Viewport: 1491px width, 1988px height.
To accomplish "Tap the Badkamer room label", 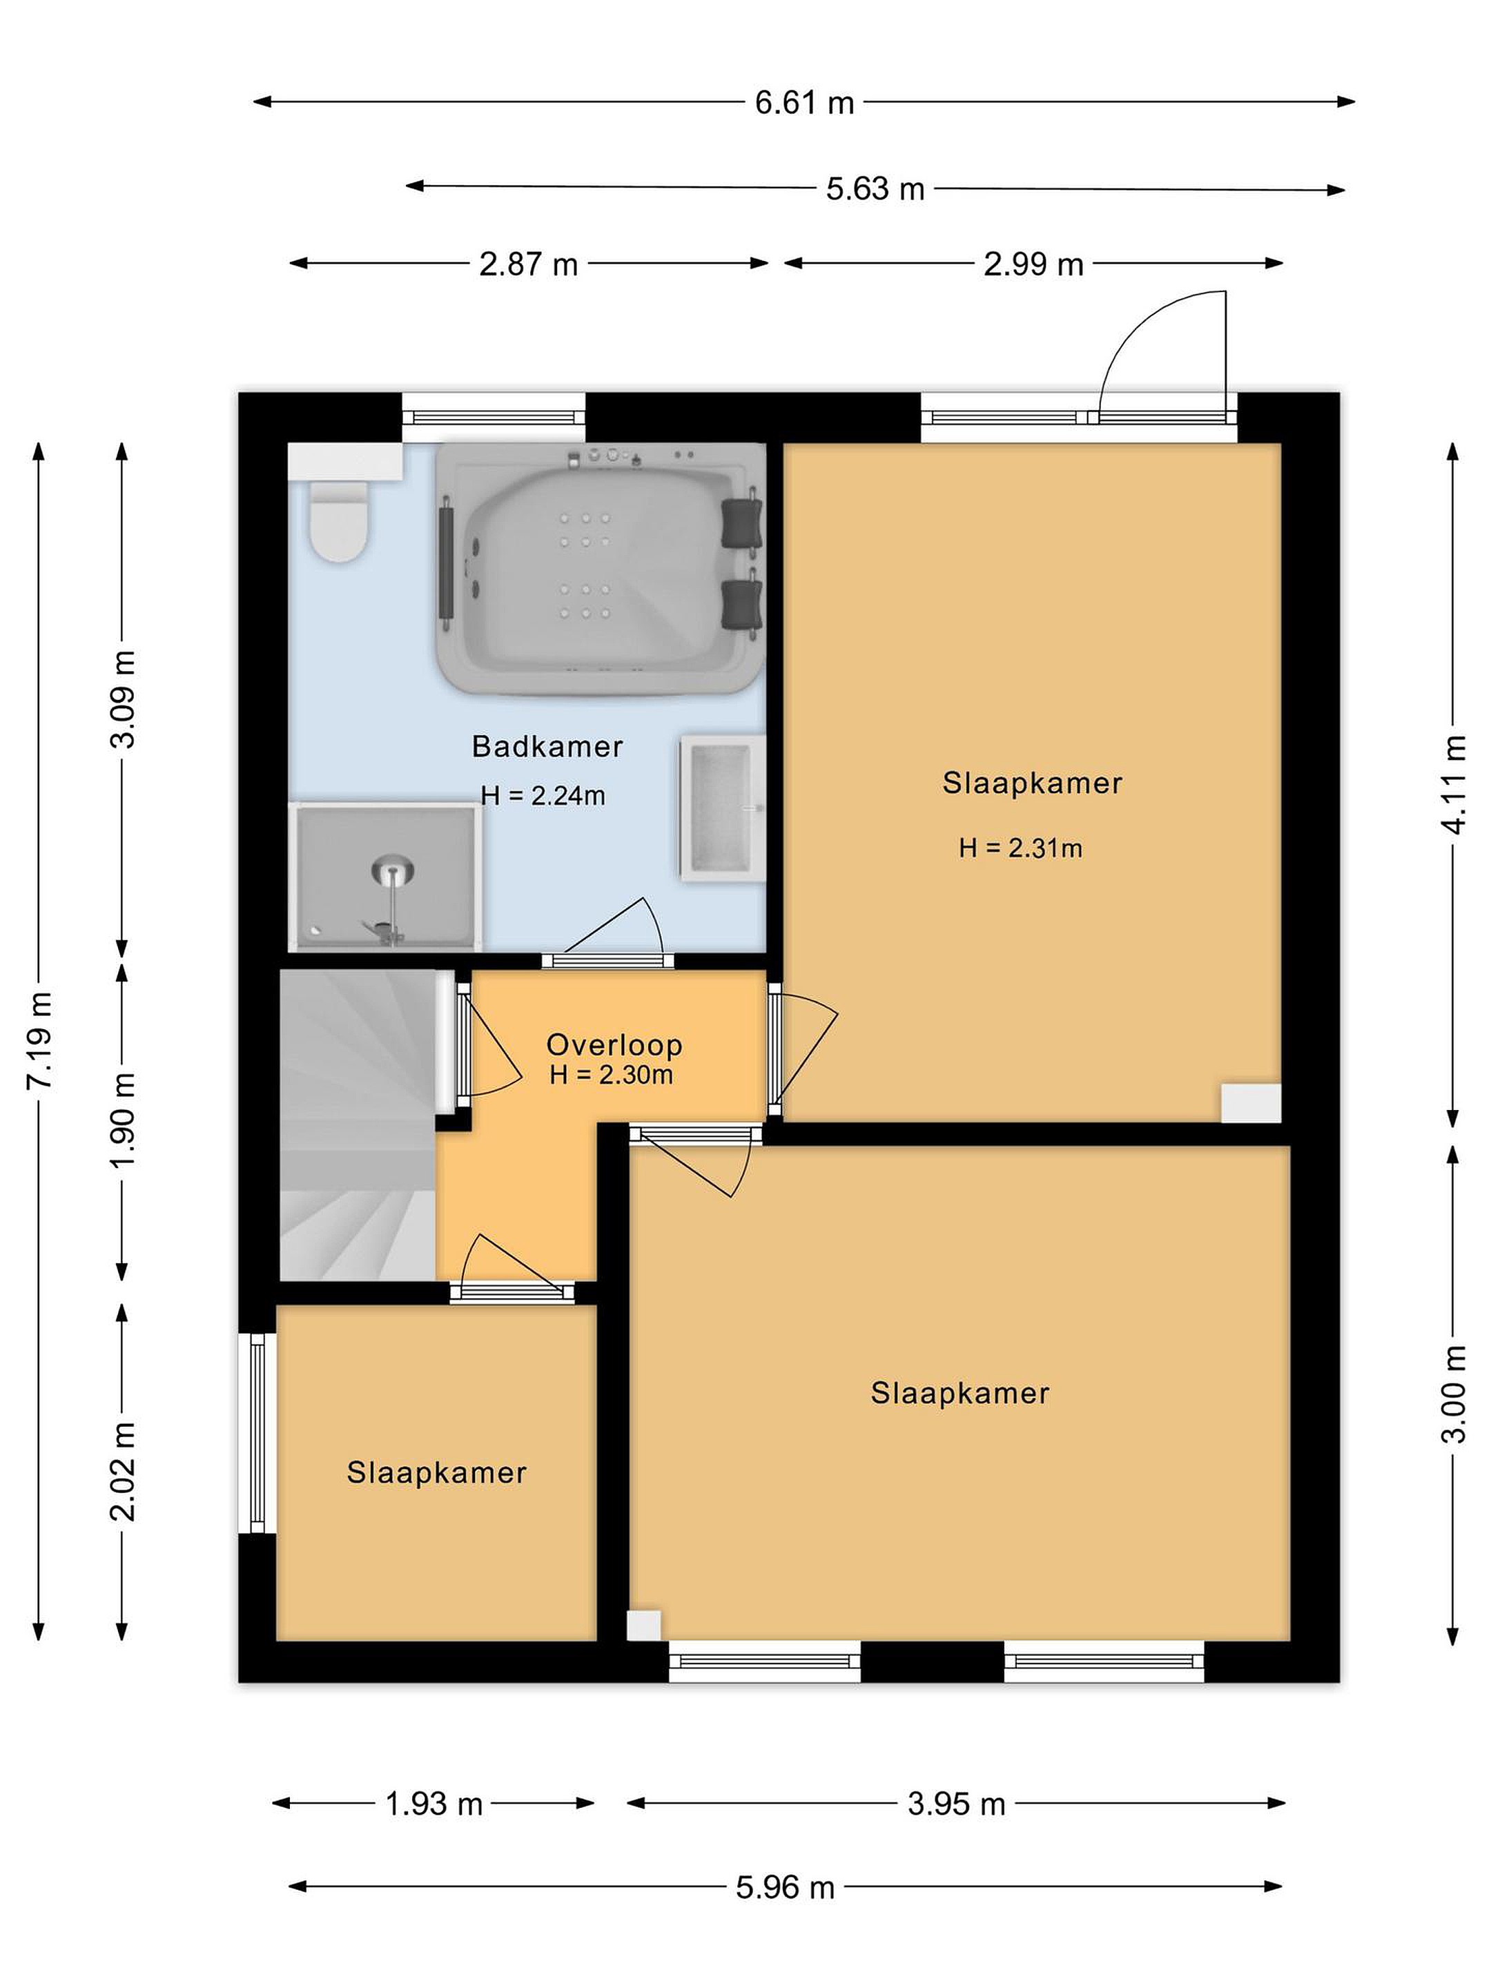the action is [547, 746].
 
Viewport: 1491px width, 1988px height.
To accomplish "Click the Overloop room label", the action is [615, 1044].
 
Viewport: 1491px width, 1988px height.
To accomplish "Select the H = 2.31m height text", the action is [1020, 848].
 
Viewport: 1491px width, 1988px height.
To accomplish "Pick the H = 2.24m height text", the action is [543, 795].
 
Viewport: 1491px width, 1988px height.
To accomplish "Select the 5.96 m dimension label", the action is [786, 1887].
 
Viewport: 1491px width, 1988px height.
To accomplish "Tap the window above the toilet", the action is [494, 417].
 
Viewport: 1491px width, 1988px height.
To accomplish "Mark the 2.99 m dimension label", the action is [1033, 264].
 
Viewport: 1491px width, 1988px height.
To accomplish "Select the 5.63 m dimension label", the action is [875, 188].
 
